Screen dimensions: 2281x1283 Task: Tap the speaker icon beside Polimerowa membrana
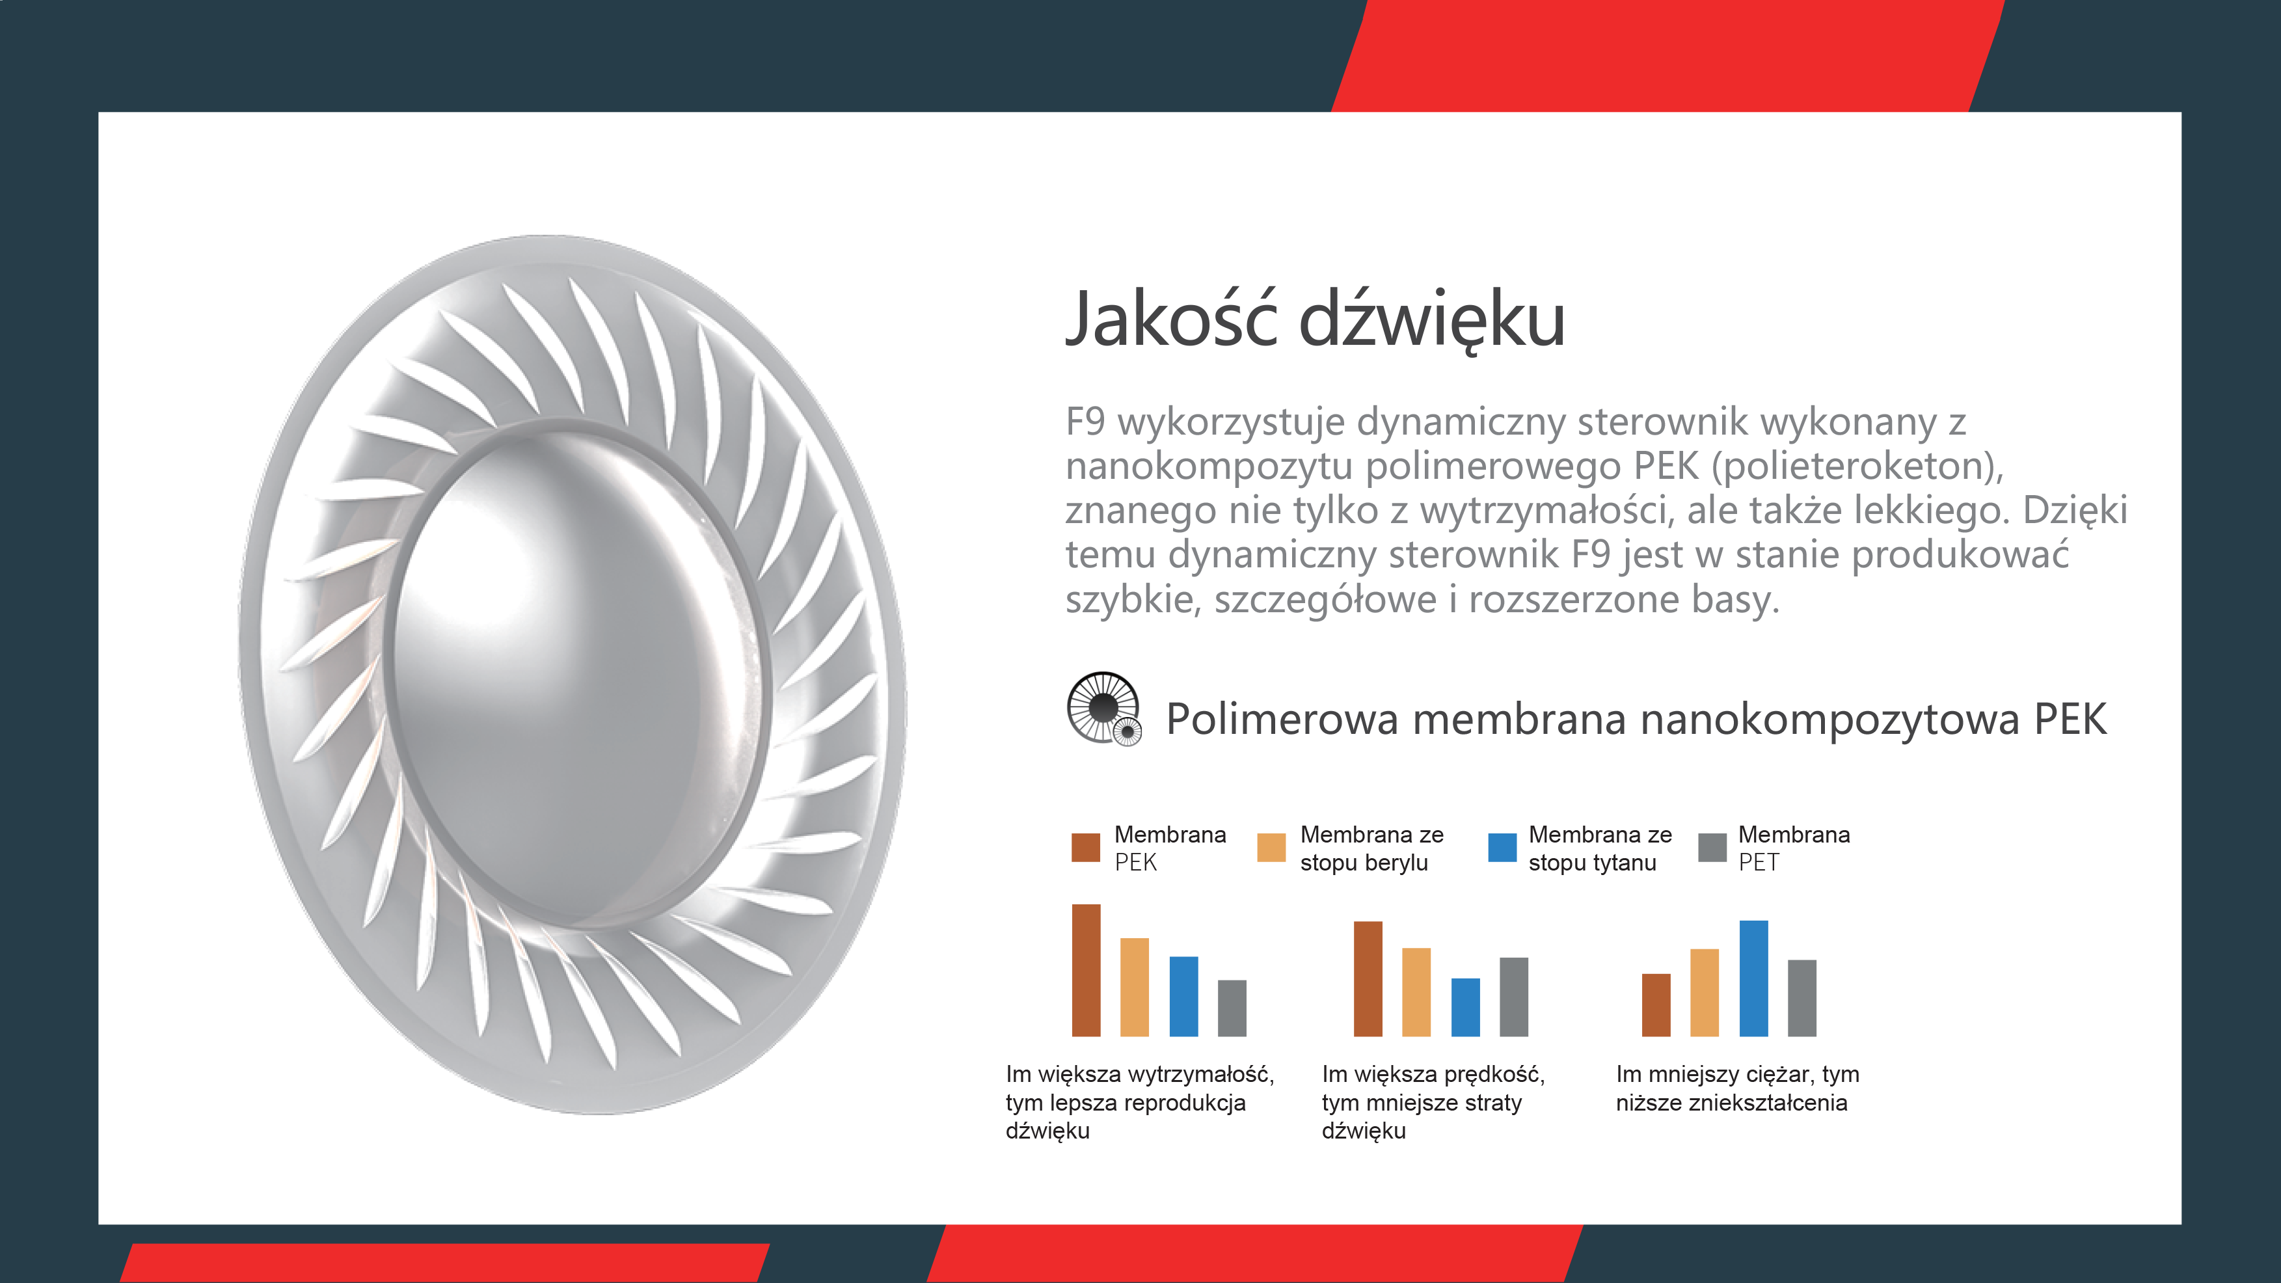pos(1104,709)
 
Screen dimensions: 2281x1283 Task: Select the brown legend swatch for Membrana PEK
pos(1086,847)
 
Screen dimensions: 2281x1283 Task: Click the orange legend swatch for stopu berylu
pos(1271,847)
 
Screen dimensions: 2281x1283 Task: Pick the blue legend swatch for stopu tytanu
pos(1503,847)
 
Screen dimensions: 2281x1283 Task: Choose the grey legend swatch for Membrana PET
pos(1712,847)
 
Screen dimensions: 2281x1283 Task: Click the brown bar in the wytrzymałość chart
pos(1087,971)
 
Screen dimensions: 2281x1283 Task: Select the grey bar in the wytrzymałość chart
pos(1233,1008)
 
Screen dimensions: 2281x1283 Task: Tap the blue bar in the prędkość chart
pos(1465,1008)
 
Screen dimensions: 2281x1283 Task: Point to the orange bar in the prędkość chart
pos(1417,993)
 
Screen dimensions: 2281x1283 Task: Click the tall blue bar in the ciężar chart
pos(1754,979)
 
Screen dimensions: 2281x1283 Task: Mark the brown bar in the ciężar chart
pos(1656,1005)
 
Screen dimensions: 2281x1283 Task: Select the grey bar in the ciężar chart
pos(1802,998)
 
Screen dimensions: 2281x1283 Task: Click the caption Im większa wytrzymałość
pos(1140,1075)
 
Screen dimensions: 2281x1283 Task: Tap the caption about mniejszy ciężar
pos(1737,1089)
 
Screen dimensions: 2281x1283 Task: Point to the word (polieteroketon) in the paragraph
pos(1857,466)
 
